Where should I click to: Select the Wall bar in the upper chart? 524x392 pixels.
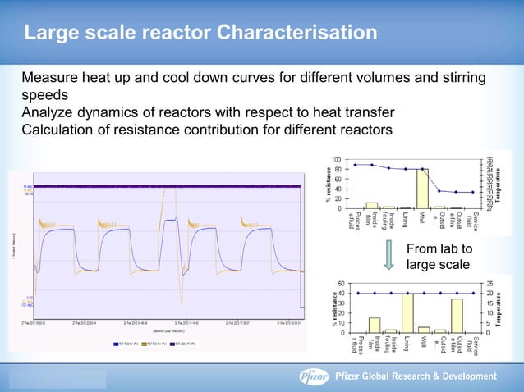click(x=423, y=188)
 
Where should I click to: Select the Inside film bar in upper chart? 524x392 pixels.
click(x=371, y=205)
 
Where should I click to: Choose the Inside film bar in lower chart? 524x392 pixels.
click(x=375, y=325)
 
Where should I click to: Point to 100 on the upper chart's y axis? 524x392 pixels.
click(x=338, y=159)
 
